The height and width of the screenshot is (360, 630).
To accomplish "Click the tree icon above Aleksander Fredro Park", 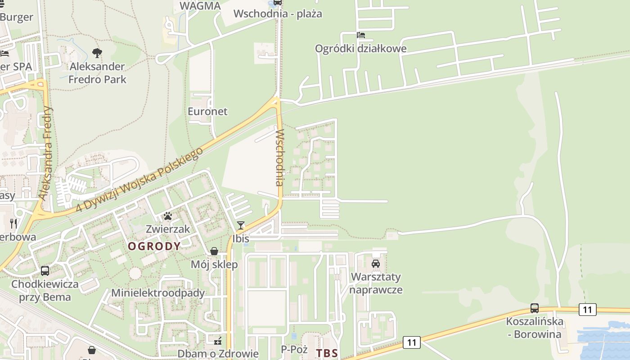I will (x=97, y=53).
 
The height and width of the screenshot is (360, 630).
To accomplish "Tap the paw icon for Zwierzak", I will (x=168, y=216).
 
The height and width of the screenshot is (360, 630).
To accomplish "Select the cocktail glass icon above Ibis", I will (x=241, y=225).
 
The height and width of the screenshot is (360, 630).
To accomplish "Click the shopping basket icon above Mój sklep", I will (x=214, y=251).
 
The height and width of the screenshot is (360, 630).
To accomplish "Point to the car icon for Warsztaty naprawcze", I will (x=376, y=263).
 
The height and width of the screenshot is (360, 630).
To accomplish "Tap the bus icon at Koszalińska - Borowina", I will (x=535, y=308).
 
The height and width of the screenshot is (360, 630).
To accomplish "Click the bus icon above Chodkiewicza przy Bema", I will (x=45, y=271).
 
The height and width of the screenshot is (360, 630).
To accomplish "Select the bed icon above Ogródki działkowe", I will (x=361, y=35).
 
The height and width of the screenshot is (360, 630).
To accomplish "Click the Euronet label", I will (x=207, y=111).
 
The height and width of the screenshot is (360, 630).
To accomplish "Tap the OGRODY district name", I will (x=154, y=246).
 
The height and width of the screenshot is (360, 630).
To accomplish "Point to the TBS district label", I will (x=327, y=353).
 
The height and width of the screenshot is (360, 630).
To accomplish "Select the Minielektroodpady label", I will (x=158, y=292).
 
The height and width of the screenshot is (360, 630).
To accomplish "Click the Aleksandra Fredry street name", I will (x=46, y=153).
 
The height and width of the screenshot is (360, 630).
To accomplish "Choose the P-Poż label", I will (x=294, y=349).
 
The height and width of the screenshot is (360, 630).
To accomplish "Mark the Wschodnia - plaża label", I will (x=278, y=13).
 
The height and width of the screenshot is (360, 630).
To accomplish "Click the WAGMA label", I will (x=200, y=6).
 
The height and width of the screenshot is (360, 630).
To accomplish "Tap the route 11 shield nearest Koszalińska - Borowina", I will (x=587, y=310).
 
